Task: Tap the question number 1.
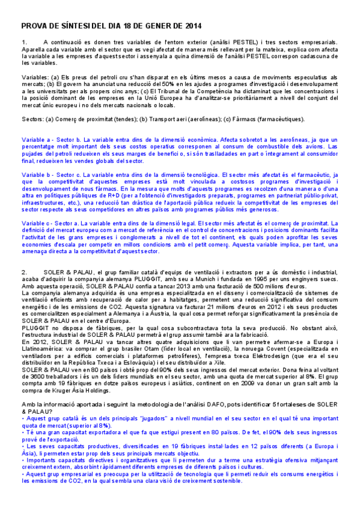click(x=24, y=42)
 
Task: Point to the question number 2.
click(x=24, y=272)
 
